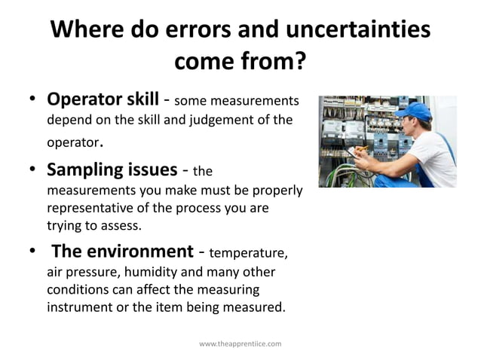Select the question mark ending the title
tap(299, 60)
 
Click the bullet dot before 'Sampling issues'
tap(33, 169)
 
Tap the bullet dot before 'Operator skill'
tap(33, 100)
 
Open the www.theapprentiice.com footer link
tap(240, 343)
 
